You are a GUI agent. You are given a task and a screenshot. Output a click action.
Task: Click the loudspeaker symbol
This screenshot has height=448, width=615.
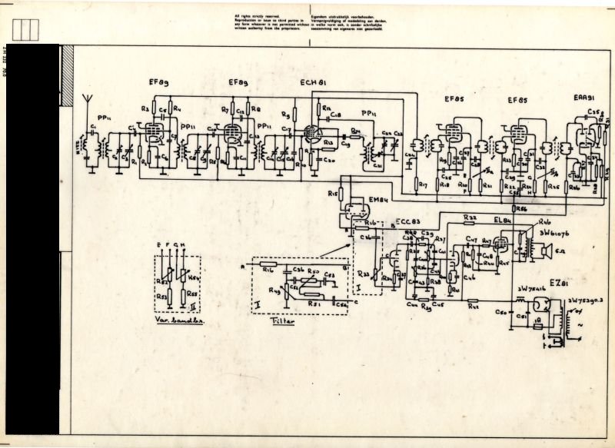pos(547,251)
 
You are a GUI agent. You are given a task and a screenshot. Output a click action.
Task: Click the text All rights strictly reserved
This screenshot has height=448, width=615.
pos(254,15)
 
